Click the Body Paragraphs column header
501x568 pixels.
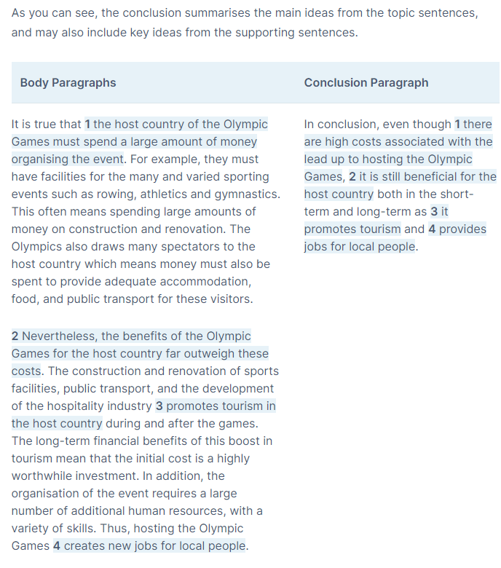click(68, 82)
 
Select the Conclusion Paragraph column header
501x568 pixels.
click(366, 82)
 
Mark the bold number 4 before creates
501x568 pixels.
click(57, 545)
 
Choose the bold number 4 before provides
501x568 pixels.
click(432, 229)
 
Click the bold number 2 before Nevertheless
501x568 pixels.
click(15, 336)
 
